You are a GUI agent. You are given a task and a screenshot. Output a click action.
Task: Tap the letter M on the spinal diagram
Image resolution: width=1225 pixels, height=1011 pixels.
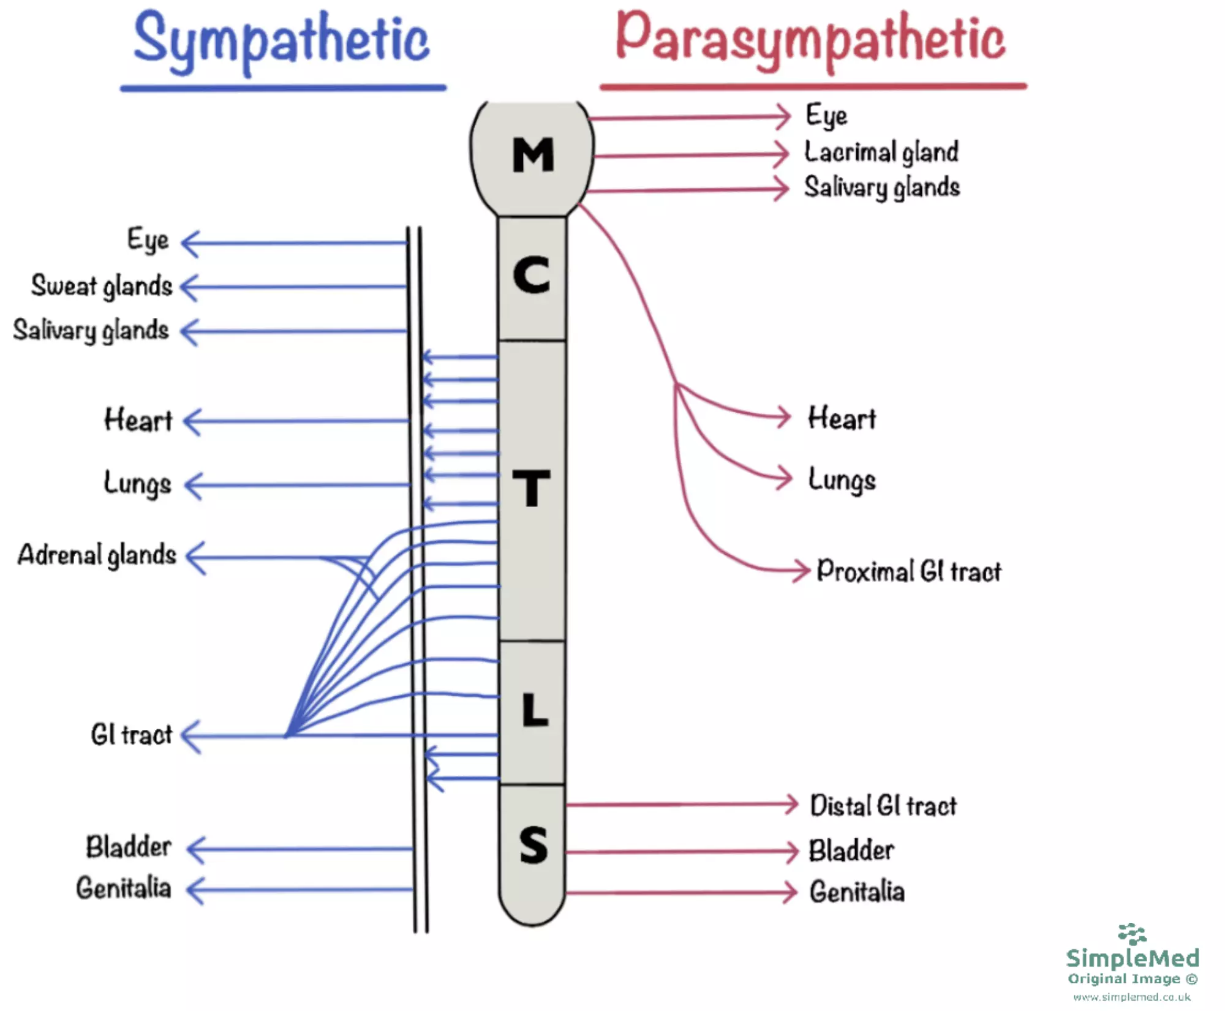[533, 154]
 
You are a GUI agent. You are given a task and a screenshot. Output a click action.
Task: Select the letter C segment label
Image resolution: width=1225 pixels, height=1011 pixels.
[531, 275]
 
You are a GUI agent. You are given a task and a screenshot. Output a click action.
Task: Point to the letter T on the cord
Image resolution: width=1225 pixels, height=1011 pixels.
[531, 488]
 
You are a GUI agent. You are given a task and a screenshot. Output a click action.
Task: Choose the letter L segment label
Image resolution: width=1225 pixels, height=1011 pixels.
[534, 710]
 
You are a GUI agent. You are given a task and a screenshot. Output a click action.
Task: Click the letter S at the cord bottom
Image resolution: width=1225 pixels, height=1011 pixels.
[533, 846]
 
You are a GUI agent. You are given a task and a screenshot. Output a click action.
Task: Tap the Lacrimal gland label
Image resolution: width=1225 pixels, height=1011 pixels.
[881, 152]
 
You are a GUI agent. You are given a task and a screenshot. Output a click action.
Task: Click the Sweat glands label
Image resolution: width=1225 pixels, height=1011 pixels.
[102, 286]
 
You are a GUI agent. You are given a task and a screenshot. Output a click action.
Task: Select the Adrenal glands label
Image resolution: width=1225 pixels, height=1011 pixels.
[97, 555]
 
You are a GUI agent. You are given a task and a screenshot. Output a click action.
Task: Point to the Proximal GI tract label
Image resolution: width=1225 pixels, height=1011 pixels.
[909, 571]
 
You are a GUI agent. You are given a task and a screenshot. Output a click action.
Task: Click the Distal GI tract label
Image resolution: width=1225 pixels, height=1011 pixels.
[883, 806]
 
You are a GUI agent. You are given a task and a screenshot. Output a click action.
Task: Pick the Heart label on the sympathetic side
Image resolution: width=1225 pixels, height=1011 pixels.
[138, 421]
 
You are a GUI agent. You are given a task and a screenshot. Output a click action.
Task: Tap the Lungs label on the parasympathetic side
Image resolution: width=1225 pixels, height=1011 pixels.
[842, 479]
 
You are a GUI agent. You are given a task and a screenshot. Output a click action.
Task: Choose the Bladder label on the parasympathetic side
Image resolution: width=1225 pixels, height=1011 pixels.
[851, 851]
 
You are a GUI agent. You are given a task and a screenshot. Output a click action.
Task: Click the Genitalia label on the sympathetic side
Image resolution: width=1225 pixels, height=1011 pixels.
[123, 888]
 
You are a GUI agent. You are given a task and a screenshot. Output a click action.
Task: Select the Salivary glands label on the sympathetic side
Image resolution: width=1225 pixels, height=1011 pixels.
[91, 331]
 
